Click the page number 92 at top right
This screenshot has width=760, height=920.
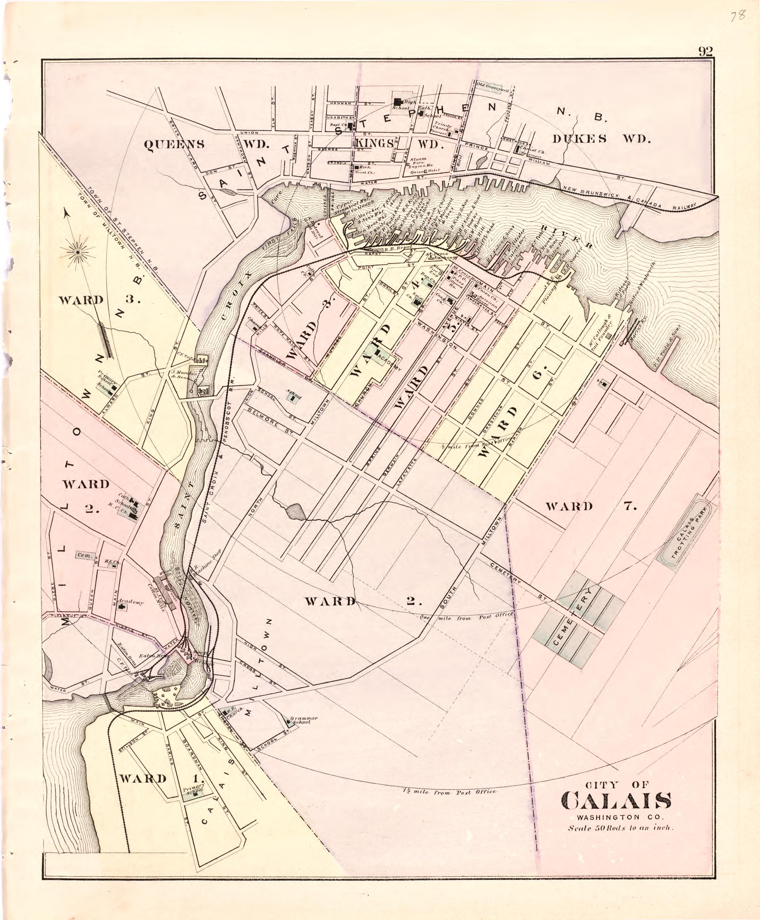[705, 52]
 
